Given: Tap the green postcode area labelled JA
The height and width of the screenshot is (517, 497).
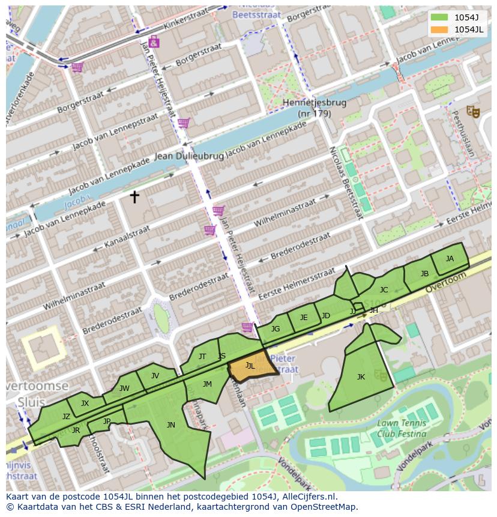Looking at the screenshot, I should point(450,259).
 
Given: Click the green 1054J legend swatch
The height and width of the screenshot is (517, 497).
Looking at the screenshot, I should point(439,17).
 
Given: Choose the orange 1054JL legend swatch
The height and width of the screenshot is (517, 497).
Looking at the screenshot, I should point(439,29).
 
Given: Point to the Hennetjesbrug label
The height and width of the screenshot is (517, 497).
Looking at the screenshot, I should point(314,103).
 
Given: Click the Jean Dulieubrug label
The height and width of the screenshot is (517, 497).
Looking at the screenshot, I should point(189,156).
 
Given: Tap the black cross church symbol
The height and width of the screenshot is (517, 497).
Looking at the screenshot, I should point(134,196).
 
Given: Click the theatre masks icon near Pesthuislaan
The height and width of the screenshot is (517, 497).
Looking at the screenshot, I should point(473,111).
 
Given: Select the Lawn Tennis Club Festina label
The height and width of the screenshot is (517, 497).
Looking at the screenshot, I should point(402,428).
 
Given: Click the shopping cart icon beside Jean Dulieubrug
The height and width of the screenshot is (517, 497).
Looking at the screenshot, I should point(184,123).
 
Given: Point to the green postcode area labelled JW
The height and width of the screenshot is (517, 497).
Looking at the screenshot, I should point(124,389).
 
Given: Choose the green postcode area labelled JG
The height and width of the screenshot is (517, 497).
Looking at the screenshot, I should point(276,329).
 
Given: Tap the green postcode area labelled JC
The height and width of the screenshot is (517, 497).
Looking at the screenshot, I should point(384,290).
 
